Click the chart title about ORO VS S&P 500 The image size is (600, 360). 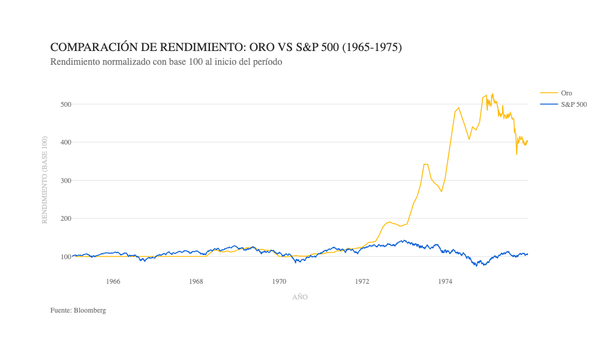226,47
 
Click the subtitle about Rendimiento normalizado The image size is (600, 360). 166,62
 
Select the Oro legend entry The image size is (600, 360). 566,93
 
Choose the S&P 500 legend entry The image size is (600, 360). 574,104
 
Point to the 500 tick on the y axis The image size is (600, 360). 65,104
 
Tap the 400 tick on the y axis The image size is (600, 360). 65,142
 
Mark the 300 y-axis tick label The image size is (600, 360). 65,181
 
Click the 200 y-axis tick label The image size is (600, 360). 65,218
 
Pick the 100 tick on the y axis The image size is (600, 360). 65,257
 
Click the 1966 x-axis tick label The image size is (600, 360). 113,281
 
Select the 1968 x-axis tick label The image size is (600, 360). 196,281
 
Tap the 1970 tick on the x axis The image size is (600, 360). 279,281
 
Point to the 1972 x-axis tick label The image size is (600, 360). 362,281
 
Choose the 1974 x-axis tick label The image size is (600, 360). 445,281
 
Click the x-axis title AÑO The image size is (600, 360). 300,297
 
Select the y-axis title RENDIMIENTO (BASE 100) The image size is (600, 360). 44,180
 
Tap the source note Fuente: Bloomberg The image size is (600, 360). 78,310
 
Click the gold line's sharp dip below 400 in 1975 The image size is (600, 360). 517,154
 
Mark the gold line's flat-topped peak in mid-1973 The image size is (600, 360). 426,164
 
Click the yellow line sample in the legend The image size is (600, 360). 548,93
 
